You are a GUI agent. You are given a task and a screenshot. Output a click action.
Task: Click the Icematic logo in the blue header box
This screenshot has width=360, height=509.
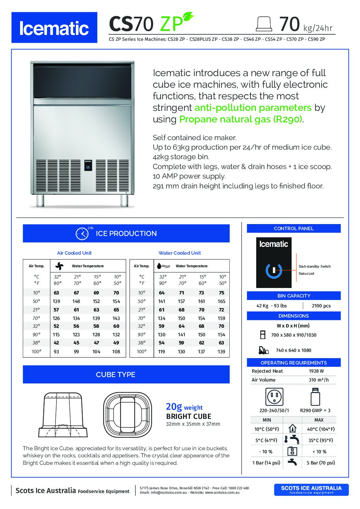54,28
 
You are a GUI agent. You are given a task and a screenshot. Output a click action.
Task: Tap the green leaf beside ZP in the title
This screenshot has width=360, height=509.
188,17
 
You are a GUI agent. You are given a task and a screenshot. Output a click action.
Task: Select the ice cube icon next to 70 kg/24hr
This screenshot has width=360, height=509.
264,24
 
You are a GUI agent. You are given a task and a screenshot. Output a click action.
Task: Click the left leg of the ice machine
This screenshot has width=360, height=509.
40,200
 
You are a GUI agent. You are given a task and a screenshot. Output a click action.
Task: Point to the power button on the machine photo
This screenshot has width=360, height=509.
88,167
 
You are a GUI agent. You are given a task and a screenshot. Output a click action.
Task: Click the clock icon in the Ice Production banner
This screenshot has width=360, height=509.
82,234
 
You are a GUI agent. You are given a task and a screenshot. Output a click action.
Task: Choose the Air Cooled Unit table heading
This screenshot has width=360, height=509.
74,253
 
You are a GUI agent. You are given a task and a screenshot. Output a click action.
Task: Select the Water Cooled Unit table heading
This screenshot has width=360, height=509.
180,253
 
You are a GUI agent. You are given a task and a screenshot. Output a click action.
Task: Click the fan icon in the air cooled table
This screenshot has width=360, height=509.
59,266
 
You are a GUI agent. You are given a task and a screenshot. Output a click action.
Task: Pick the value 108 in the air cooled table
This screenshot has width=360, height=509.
116,352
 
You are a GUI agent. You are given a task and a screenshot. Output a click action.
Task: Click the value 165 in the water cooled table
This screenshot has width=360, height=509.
222,301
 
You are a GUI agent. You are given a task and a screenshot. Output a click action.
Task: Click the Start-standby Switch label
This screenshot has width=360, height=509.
314,267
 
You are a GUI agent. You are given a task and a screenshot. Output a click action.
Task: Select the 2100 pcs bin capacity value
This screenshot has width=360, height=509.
321,306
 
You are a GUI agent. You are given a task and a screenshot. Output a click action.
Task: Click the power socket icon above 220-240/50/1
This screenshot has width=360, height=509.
274,396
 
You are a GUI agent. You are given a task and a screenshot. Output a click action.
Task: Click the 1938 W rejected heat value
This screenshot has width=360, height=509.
316,371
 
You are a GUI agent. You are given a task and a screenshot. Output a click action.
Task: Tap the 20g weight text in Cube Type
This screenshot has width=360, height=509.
184,407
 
